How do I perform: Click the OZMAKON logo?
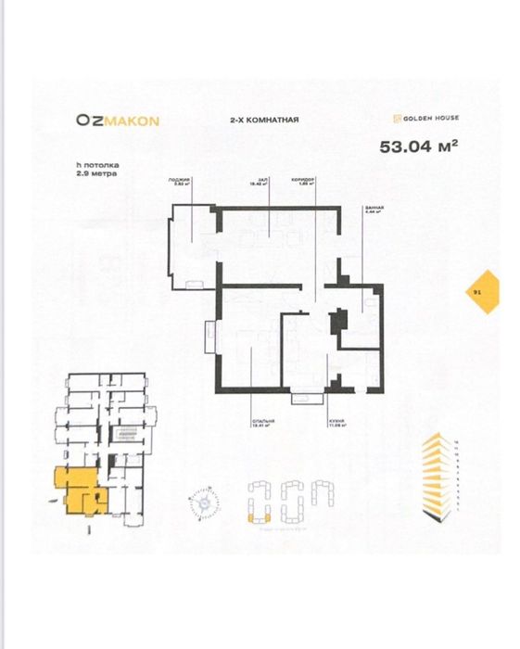pyautogui.click(x=119, y=120)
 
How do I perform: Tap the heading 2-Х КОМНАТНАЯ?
pyautogui.click(x=263, y=121)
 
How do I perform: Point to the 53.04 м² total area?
pyautogui.click(x=420, y=146)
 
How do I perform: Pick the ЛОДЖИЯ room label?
pyautogui.click(x=179, y=180)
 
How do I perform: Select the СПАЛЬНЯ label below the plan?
pyautogui.click(x=263, y=422)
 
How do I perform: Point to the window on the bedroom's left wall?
pyautogui.click(x=211, y=335)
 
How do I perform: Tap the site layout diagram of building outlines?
pyautogui.click(x=286, y=502)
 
